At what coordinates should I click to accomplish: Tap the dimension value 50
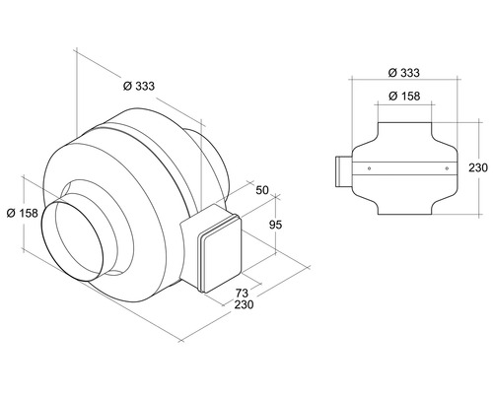pos(261,190)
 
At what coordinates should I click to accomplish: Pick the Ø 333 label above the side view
pos(405,73)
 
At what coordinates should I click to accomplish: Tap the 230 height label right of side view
pos(477,168)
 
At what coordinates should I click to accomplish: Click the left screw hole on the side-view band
pos(369,168)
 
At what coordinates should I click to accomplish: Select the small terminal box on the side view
pos(340,170)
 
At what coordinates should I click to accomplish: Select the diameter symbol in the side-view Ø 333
pos(391,73)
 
